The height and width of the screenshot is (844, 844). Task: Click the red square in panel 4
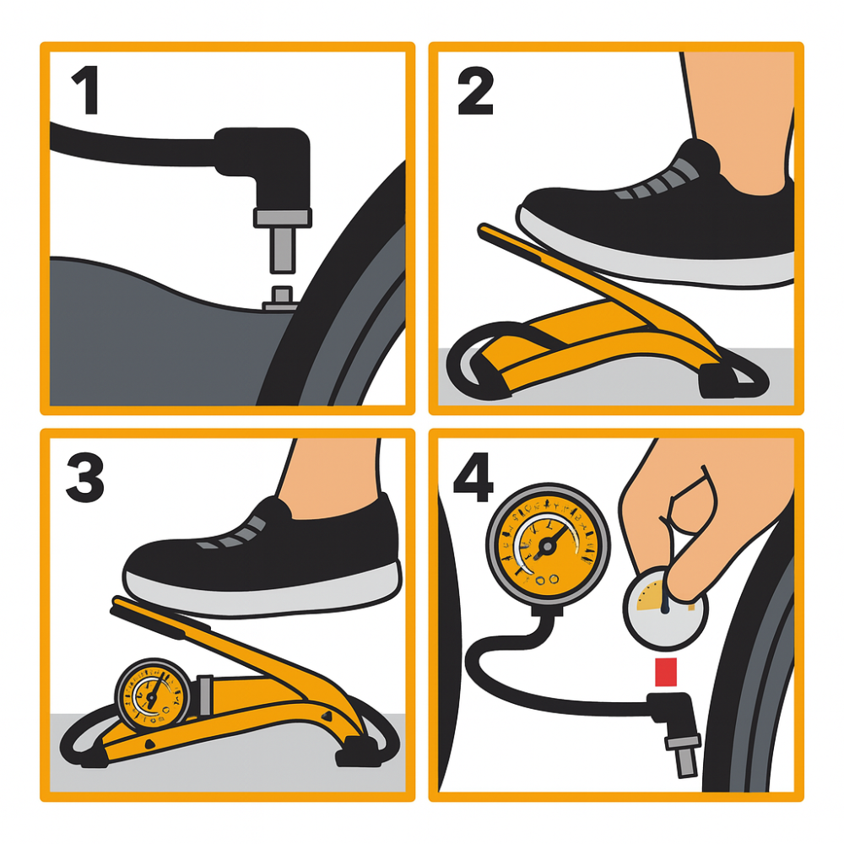coord(667,673)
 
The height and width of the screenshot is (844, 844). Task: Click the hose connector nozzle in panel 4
coord(682,743)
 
